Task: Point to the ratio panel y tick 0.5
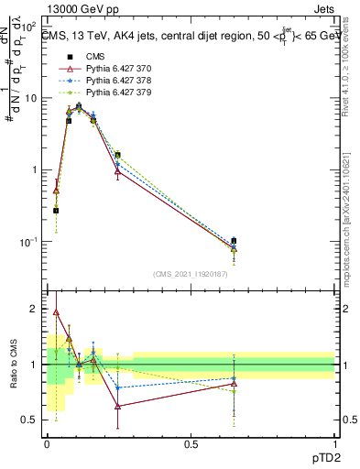[29, 420]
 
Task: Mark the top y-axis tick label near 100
[30, 26]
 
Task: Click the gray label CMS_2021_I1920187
[190, 274]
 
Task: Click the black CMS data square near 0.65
[235, 241]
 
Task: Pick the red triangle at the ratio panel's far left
[56, 311]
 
